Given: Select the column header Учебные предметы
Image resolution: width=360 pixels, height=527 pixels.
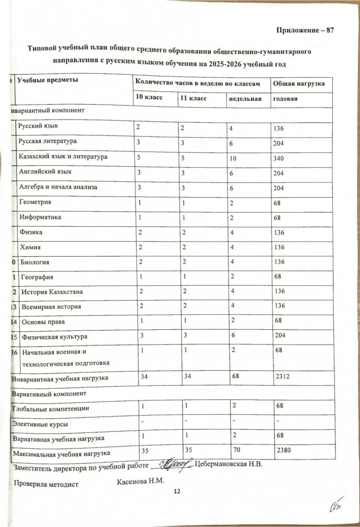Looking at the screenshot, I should point(48,80).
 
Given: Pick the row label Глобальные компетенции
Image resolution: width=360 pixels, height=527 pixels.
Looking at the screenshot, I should point(53,407).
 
